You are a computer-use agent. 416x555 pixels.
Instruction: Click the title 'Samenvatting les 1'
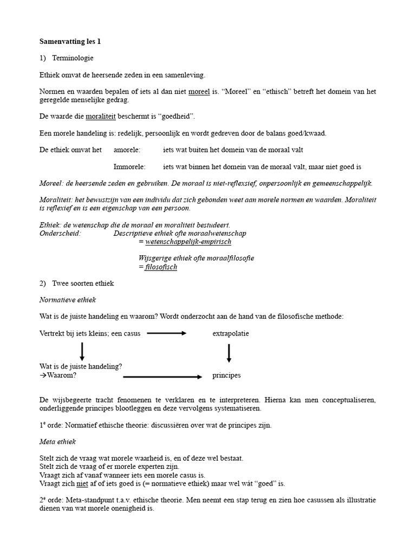[x=70, y=41]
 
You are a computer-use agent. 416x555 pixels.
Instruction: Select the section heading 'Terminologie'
[x=73, y=58]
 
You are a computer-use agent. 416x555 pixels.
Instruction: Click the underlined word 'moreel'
[x=199, y=92]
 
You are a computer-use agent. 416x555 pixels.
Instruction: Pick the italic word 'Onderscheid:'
[x=60, y=233]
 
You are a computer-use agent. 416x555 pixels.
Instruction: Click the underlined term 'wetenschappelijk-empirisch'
[x=188, y=242]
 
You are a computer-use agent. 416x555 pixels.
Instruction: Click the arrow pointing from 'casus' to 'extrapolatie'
[x=166, y=334]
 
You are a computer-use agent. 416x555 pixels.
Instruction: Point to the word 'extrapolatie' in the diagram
[x=231, y=334]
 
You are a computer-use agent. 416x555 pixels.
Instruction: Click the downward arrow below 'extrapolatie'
[x=229, y=353]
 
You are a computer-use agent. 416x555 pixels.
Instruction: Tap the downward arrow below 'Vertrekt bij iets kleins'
[x=82, y=351]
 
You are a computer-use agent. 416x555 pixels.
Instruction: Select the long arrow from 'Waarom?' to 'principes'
[x=162, y=376]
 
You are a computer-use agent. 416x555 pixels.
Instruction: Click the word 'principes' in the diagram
[x=226, y=376]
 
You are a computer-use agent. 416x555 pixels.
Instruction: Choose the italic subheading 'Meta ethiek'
[x=58, y=442]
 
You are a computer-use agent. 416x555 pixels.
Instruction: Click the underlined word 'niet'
[x=82, y=483]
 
